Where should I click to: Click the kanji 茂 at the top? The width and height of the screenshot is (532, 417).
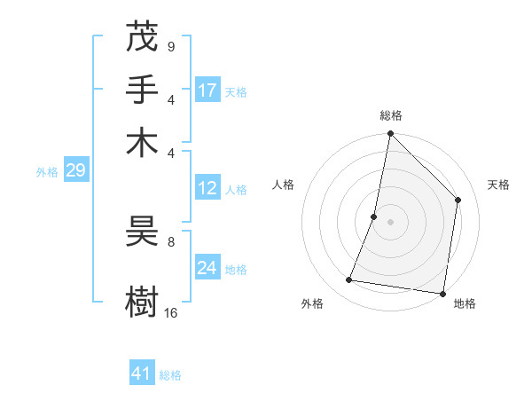pyautogui.click(x=142, y=38)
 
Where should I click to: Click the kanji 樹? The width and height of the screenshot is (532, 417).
pyautogui.click(x=142, y=301)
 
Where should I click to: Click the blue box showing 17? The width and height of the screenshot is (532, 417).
pyautogui.click(x=207, y=90)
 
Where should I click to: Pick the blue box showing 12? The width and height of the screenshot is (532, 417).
pyautogui.click(x=207, y=188)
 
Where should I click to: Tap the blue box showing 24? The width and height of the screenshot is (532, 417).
pyautogui.click(x=207, y=268)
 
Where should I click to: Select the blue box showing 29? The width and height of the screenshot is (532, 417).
pyautogui.click(x=75, y=170)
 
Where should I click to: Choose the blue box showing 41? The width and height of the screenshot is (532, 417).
pyautogui.click(x=142, y=374)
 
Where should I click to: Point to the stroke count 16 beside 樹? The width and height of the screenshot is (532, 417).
pyautogui.click(x=170, y=312)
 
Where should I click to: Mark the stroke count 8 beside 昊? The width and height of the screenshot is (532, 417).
pyautogui.click(x=170, y=240)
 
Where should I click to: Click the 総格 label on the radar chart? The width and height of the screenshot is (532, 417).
pyautogui.click(x=390, y=115)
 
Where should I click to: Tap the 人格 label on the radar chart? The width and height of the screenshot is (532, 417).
pyautogui.click(x=283, y=185)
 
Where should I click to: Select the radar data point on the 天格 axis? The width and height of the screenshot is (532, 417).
pyautogui.click(x=458, y=200)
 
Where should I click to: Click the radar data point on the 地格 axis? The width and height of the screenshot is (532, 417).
pyautogui.click(x=443, y=294)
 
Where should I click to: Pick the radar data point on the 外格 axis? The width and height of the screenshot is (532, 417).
pyautogui.click(x=349, y=280)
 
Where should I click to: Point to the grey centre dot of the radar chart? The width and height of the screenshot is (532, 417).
pyautogui.click(x=390, y=222)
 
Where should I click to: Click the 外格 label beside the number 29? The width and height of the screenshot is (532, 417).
pyautogui.click(x=46, y=172)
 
